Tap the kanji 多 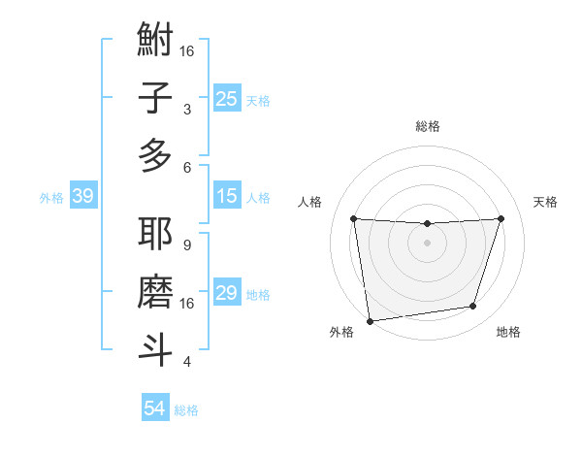click(x=155, y=154)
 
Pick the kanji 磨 click(x=155, y=291)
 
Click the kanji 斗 click(x=155, y=348)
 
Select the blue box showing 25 click(x=227, y=99)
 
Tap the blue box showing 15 click(x=227, y=197)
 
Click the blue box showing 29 click(x=227, y=294)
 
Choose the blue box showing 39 click(x=82, y=197)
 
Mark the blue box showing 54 click(x=155, y=408)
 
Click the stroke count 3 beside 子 click(x=186, y=110)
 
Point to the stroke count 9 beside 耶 click(x=186, y=245)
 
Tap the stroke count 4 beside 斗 click(x=186, y=362)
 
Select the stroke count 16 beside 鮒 click(x=186, y=51)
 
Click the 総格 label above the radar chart click(x=427, y=126)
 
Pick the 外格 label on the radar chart click(x=341, y=332)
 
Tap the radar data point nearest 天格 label click(x=501, y=218)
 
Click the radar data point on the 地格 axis click(x=473, y=307)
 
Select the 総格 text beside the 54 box click(x=186, y=410)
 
